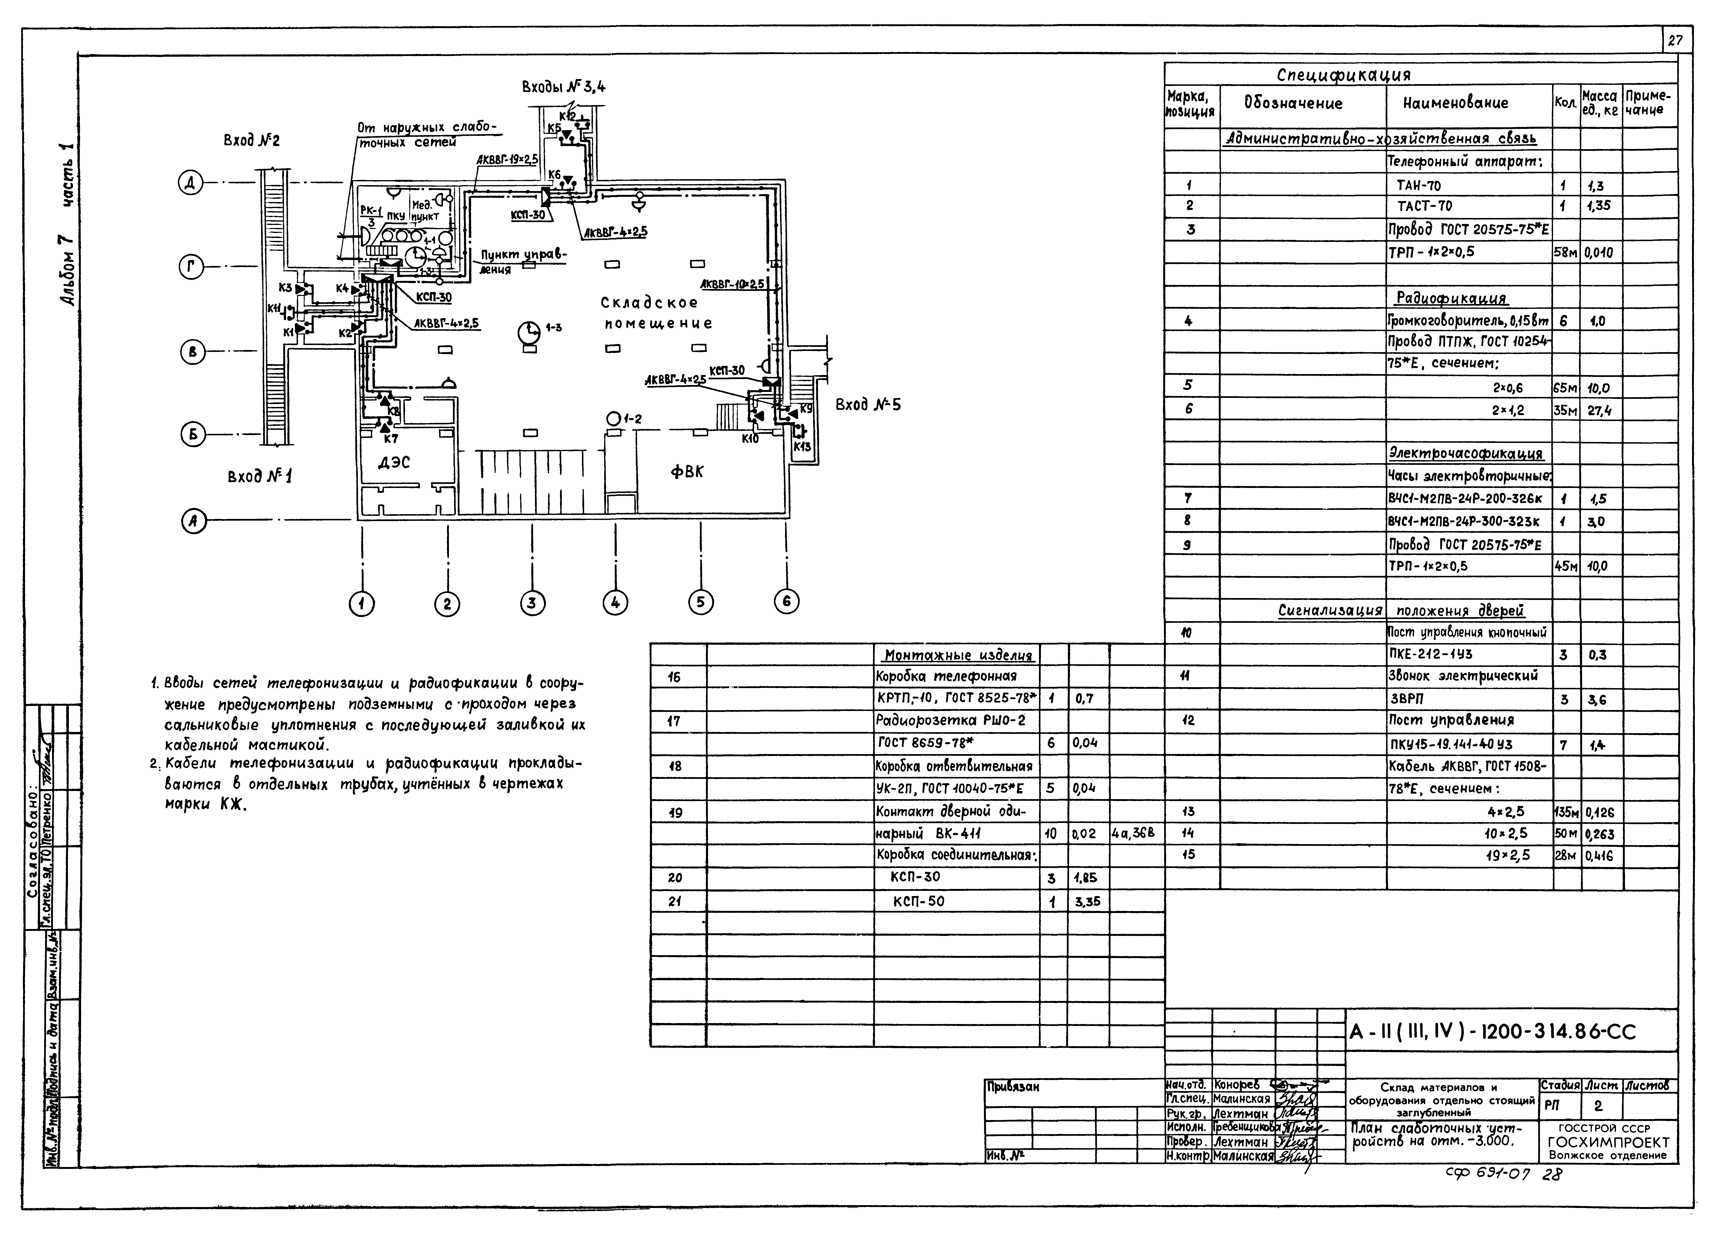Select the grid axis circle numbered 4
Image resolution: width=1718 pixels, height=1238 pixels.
(615, 603)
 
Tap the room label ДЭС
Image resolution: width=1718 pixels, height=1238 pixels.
(394, 462)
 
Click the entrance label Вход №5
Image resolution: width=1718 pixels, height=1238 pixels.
(868, 405)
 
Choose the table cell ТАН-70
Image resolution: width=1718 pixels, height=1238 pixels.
(1418, 186)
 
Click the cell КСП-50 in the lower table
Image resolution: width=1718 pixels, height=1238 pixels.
(918, 901)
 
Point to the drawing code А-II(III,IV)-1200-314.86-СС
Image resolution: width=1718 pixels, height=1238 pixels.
(1492, 1031)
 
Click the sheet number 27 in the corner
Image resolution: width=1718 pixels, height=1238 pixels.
(1675, 40)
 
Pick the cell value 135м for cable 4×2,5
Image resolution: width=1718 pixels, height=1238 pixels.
(1566, 812)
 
